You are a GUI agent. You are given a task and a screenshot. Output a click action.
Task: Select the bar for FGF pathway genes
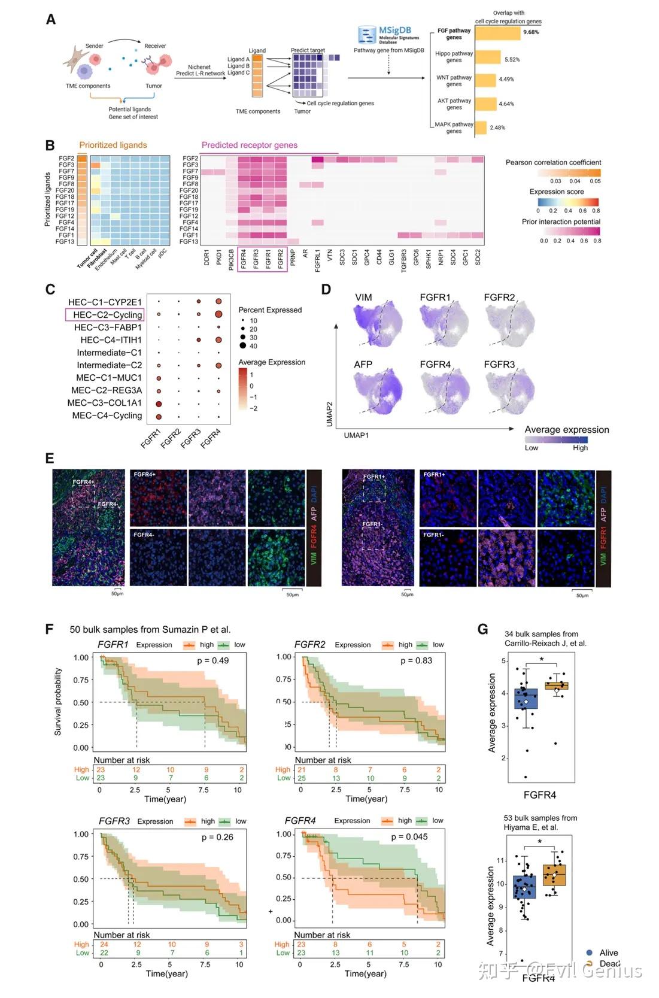coord(497,33)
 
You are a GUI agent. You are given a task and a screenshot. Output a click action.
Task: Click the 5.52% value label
coord(512,60)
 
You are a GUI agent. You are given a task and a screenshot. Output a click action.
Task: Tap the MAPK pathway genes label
coord(454,128)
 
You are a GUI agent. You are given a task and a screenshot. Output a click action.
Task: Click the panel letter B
coord(50,145)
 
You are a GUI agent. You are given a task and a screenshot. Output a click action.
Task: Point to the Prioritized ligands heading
coord(113,145)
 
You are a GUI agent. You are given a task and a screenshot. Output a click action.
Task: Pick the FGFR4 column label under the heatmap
coord(243,259)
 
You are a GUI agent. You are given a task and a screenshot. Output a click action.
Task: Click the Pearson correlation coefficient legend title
coord(553,162)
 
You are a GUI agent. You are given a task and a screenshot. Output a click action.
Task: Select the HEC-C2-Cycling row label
coord(107,315)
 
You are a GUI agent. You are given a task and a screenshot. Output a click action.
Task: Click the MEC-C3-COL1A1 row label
coord(104,403)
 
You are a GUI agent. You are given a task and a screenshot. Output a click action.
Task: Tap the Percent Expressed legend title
coord(270,310)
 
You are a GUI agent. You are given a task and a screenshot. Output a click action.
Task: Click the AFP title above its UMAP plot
coord(363,364)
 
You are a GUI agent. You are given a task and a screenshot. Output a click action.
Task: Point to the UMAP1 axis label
coord(356,435)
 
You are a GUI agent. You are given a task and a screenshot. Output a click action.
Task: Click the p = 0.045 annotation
coord(409,836)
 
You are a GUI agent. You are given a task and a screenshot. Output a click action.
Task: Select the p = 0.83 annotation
coord(416,660)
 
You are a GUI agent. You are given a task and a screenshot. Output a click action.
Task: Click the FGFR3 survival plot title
coord(114,821)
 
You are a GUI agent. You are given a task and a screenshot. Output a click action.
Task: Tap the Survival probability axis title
coord(58,702)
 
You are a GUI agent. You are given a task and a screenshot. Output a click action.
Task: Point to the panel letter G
coord(482,629)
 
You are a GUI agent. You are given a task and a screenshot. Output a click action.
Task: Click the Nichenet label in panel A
coord(199,67)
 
